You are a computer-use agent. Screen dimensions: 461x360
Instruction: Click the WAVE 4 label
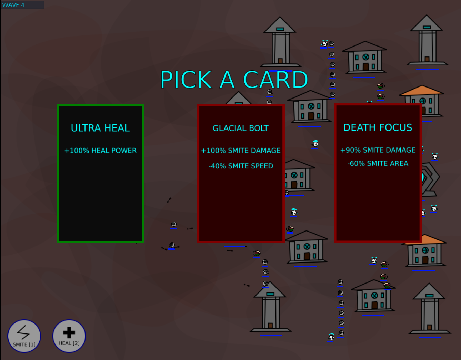[13, 5]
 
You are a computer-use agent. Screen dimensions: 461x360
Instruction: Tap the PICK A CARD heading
[234, 80]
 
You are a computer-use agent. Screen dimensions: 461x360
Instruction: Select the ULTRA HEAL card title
[100, 128]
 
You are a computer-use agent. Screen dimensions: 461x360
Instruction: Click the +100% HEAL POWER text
[100, 151]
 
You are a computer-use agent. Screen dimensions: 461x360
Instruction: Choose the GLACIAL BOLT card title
[241, 128]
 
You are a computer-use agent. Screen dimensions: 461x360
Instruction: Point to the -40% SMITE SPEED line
[241, 166]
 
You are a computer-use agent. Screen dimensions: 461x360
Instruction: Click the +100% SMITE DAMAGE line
[241, 151]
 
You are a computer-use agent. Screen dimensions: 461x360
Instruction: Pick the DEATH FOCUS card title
[378, 127]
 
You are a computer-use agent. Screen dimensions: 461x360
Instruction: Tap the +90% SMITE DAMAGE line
[378, 150]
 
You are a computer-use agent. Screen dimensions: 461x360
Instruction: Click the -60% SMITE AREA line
[378, 163]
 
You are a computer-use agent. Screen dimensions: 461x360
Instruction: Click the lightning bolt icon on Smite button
[23, 332]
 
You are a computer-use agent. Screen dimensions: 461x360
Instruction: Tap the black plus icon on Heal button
[69, 332]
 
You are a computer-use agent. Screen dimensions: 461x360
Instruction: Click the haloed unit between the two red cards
[315, 144]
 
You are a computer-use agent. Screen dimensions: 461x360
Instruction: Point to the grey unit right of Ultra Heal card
[173, 224]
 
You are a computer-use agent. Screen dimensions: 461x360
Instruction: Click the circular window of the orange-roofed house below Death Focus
[425, 250]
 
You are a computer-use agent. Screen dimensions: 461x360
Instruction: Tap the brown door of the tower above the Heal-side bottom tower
[280, 61]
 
